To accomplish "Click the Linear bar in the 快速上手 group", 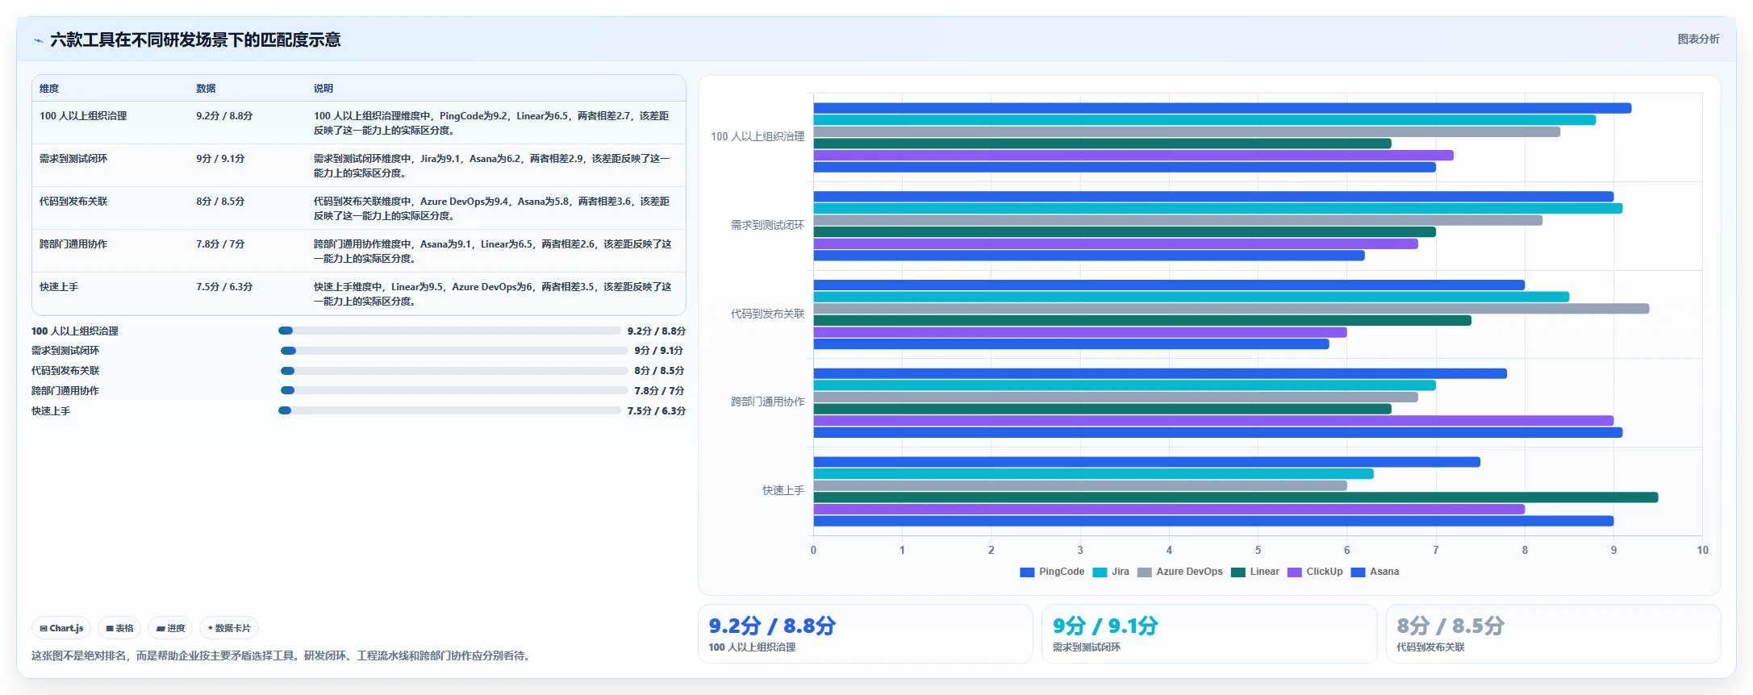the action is point(1235,497).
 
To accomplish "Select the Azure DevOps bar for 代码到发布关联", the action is point(1231,309).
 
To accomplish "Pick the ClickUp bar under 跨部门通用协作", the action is point(1213,421).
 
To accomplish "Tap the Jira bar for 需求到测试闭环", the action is point(1217,208).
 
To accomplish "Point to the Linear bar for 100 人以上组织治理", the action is point(1102,144).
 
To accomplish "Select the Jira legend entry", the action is point(1111,572).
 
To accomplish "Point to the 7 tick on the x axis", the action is point(1436,550).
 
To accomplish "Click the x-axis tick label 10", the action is point(1702,550).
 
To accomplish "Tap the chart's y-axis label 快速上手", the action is point(783,490).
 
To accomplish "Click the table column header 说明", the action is point(323,89).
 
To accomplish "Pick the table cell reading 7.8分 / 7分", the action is point(220,244).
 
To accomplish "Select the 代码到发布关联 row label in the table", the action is point(73,202).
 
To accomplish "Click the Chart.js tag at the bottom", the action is point(61,628).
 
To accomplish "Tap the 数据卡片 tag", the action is point(229,628).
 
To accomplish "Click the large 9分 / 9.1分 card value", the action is point(1105,626).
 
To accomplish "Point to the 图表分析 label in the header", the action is point(1698,39).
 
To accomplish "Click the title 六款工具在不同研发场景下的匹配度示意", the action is point(195,40).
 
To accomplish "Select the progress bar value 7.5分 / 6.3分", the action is point(657,411).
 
